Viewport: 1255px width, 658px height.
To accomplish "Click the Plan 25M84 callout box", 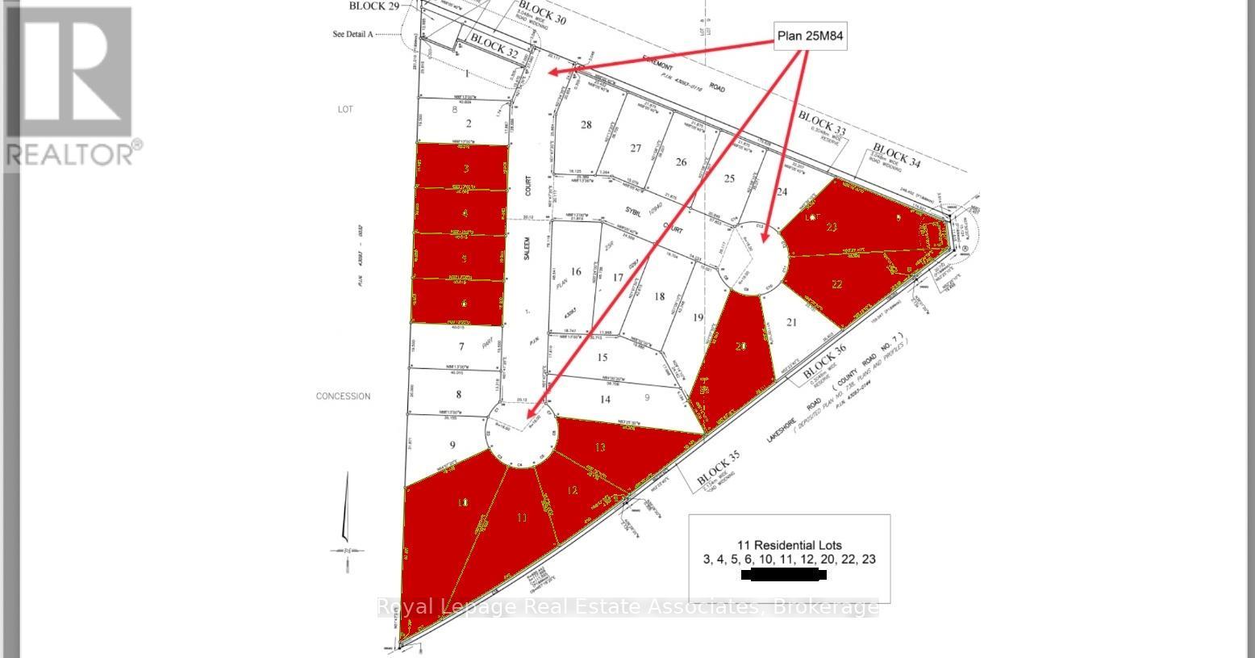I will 811,36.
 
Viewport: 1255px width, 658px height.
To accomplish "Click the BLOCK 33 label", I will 823,123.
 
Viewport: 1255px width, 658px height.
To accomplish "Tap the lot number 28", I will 586,124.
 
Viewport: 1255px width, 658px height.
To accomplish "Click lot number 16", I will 575,272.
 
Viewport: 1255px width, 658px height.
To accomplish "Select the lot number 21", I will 791,322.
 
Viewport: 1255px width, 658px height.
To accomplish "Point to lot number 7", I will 461,347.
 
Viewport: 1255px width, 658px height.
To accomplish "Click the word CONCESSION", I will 343,396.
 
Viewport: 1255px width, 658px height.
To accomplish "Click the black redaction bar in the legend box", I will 783,576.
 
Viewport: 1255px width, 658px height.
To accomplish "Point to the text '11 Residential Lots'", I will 788,544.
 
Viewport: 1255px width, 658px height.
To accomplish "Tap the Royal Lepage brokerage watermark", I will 627,607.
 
